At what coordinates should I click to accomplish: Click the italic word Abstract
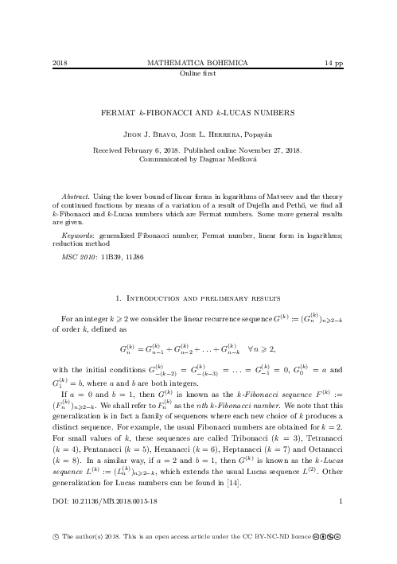coord(75,196)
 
